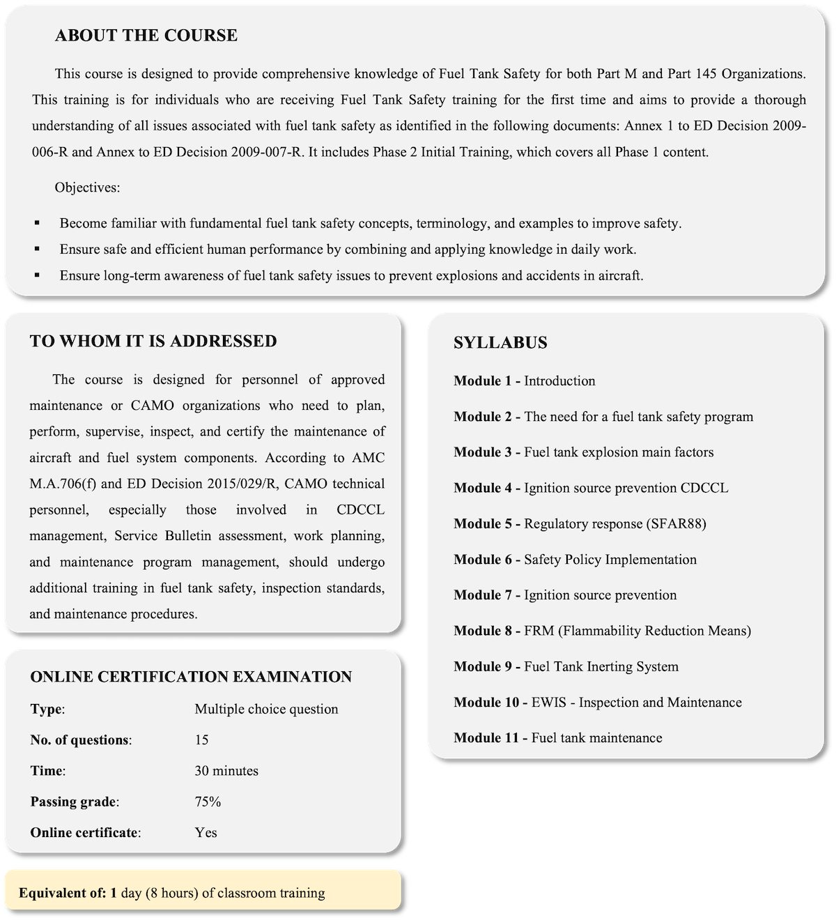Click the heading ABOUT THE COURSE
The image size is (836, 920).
tap(146, 36)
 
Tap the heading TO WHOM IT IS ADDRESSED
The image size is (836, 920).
tap(153, 341)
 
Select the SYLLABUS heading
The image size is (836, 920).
tap(500, 343)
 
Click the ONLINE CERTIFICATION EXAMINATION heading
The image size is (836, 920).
tap(191, 677)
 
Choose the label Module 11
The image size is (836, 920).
tap(490, 737)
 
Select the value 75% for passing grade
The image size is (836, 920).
tap(208, 802)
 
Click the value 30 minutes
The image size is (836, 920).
tap(226, 771)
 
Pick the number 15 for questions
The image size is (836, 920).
tap(201, 739)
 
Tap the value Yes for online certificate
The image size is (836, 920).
tap(206, 832)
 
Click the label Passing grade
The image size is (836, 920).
tap(74, 802)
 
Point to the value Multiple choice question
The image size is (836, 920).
tap(266, 709)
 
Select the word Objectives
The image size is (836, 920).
tap(87, 187)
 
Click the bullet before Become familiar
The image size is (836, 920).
tap(37, 224)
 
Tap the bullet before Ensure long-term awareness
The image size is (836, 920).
tap(37, 276)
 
